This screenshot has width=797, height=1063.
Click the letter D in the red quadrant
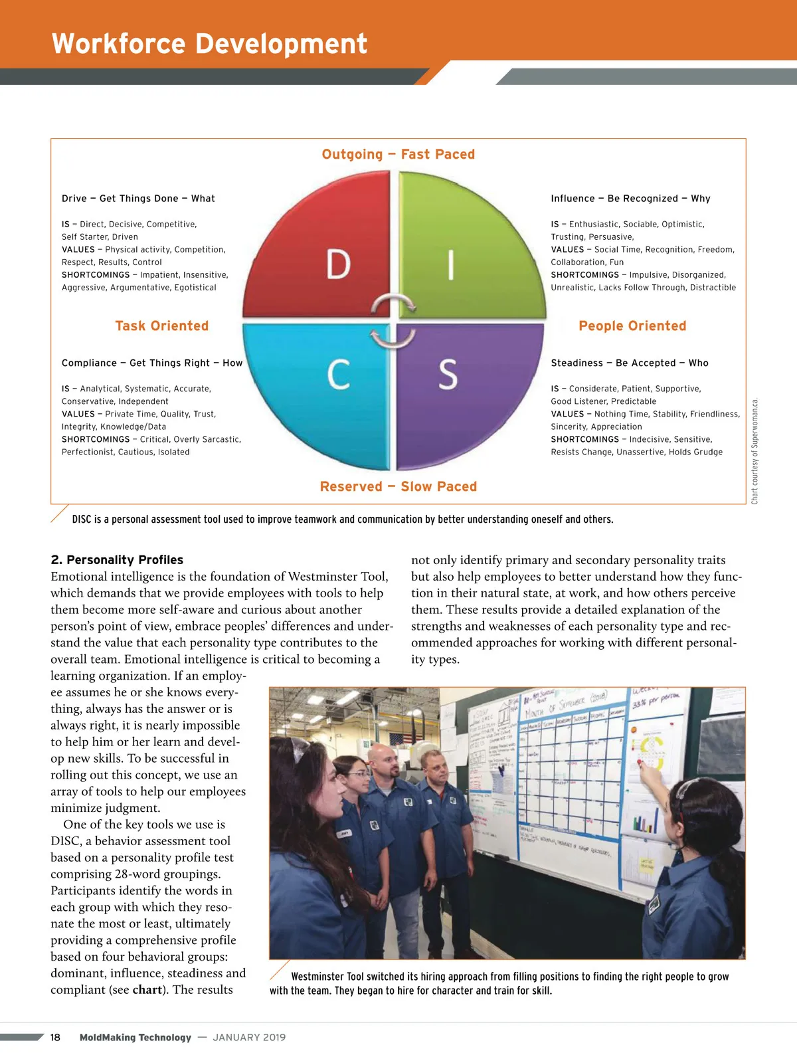[338, 264]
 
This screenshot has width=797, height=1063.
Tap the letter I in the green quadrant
[451, 264]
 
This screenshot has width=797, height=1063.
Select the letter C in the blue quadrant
[339, 374]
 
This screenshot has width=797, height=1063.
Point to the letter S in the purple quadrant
[448, 374]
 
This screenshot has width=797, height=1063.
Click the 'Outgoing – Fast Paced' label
[398, 154]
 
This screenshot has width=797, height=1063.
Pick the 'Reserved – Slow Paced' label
[398, 486]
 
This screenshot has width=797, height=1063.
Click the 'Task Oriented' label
[161, 326]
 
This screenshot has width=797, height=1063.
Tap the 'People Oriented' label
[632, 326]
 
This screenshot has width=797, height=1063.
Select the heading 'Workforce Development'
[209, 44]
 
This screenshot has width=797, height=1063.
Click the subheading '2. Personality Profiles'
[117, 559]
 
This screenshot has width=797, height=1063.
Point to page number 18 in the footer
[55, 1037]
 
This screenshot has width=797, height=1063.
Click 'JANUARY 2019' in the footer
[249, 1037]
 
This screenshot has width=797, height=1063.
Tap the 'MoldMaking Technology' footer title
[135, 1037]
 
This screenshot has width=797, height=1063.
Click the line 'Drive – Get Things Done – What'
[138, 198]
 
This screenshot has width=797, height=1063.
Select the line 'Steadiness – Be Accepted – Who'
[629, 363]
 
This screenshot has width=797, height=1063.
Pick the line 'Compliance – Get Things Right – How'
[152, 363]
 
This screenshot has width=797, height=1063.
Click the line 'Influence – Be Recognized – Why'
[630, 198]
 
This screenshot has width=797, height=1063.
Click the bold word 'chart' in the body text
[147, 989]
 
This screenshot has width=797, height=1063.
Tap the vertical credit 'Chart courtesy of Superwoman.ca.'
[754, 450]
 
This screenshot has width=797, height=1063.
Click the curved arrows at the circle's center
[393, 321]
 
